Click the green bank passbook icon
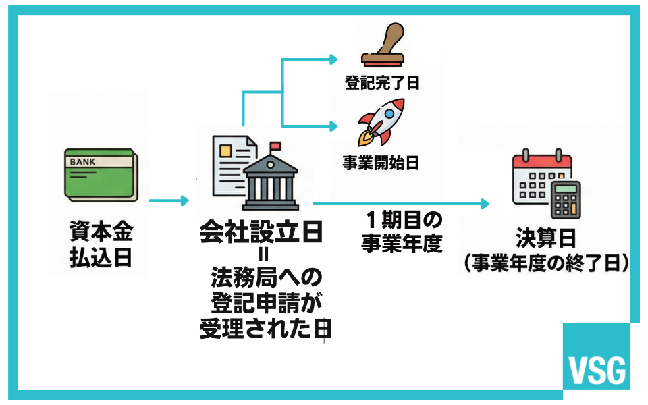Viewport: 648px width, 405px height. click(x=101, y=174)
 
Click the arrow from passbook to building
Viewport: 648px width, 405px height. click(x=169, y=200)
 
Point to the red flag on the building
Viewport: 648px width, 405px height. click(x=275, y=146)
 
